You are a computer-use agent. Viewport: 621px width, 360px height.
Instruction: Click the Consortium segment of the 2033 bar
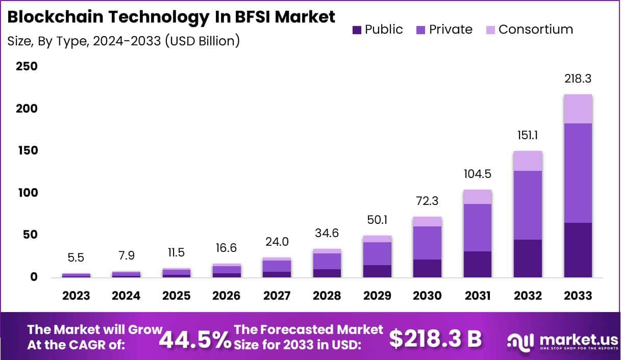(578, 109)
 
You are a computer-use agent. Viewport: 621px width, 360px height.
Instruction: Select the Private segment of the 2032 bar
(528, 205)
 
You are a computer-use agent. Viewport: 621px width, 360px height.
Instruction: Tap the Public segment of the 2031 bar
(478, 264)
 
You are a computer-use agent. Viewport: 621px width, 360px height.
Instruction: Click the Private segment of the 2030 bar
(427, 243)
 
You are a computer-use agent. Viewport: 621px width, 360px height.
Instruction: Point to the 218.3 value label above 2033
(578, 79)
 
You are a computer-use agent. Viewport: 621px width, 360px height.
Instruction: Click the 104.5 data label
(478, 174)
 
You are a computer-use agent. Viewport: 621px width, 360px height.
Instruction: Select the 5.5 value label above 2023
(76, 258)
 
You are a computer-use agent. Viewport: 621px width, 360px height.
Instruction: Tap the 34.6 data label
(327, 234)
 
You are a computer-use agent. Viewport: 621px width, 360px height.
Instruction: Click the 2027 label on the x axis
(277, 296)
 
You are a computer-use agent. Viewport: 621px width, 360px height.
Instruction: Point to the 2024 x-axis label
(126, 296)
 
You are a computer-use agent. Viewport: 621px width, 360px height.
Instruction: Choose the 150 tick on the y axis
(27, 151)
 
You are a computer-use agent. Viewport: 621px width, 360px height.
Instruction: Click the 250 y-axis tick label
(27, 67)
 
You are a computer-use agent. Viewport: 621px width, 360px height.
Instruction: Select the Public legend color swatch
(357, 30)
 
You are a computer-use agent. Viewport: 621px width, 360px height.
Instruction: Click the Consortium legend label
(535, 30)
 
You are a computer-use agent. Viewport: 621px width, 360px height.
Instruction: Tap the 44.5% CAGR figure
(195, 339)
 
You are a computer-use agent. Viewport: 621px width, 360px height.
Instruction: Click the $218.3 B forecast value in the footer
(435, 338)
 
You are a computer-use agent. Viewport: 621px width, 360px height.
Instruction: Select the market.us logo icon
(519, 341)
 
